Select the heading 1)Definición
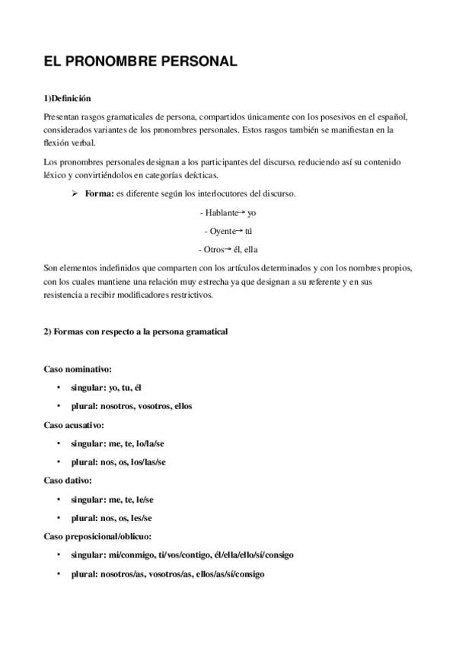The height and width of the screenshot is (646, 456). click(x=67, y=98)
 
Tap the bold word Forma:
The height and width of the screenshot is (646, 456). click(x=99, y=193)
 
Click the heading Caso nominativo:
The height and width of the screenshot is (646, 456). click(x=78, y=368)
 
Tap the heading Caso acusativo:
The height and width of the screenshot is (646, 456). click(x=74, y=424)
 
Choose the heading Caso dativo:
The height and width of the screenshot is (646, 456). click(x=68, y=481)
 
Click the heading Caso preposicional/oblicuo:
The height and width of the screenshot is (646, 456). click(x=98, y=537)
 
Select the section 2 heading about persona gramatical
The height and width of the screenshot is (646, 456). click(x=134, y=331)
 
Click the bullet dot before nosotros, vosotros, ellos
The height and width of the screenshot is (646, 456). click(x=59, y=406)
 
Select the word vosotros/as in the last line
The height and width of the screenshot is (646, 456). click(x=175, y=574)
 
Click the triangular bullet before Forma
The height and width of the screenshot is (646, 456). click(x=75, y=193)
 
